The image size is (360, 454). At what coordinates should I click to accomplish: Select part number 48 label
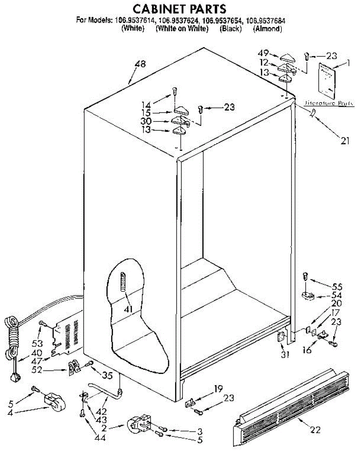pos(140,64)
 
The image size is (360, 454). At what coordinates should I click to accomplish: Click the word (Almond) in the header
pos(267,29)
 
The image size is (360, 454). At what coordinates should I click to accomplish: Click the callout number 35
pos(107,376)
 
